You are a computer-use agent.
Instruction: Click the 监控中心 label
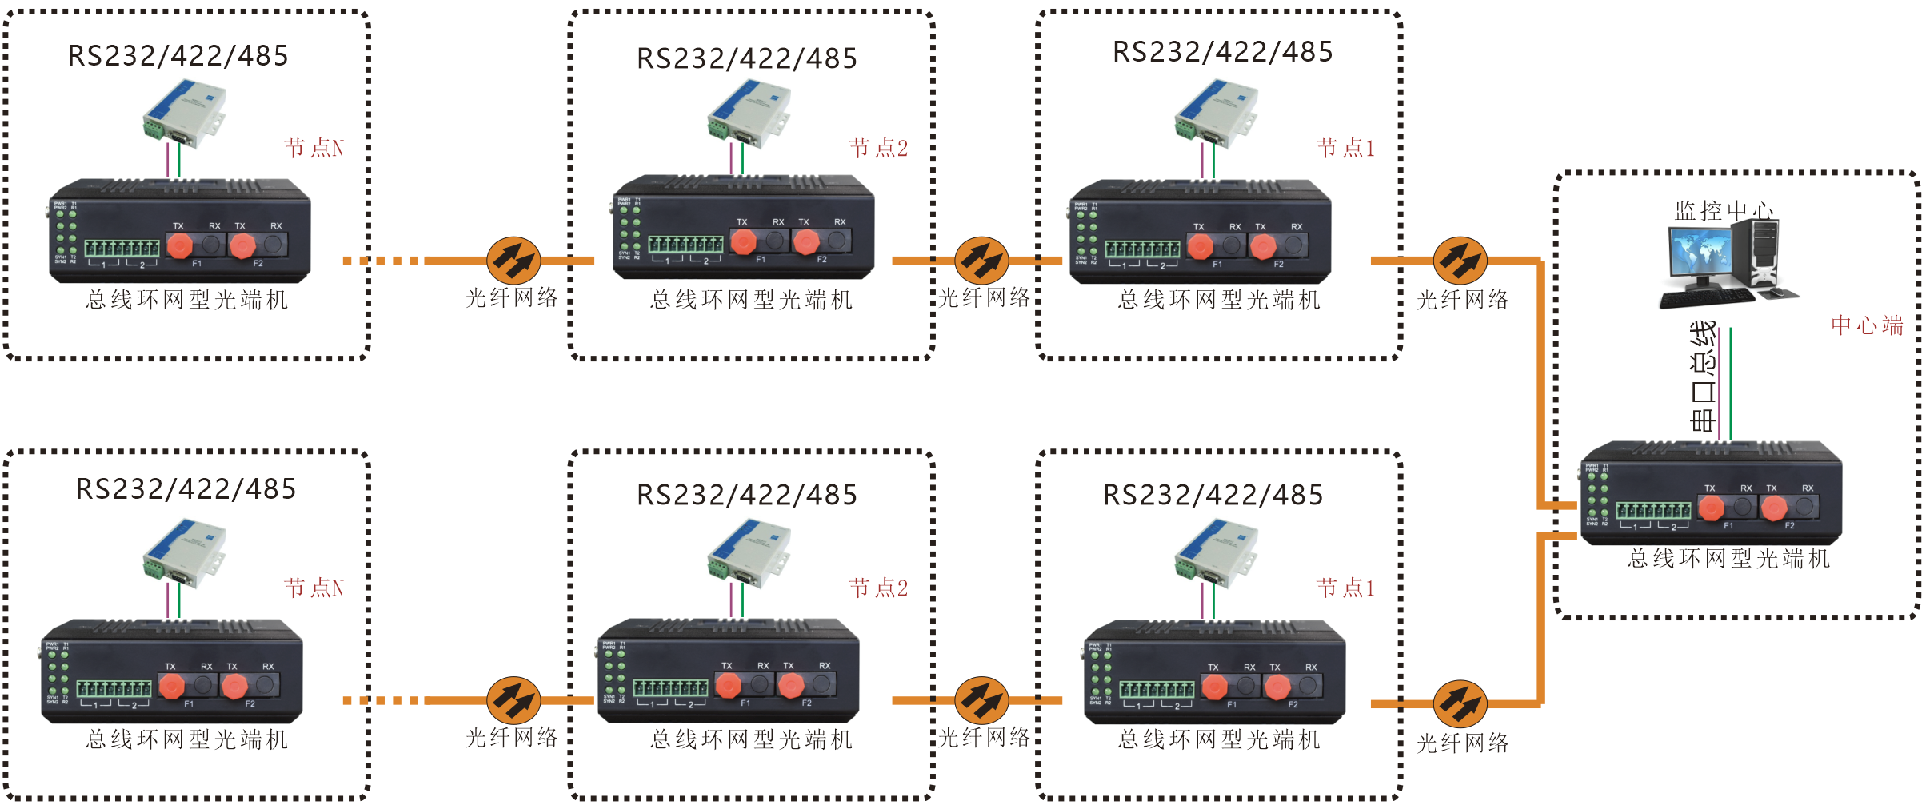pyautogui.click(x=1724, y=211)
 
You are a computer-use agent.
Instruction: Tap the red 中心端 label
pyautogui.click(x=1867, y=325)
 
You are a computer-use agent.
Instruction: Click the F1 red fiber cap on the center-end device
pyautogui.click(x=1711, y=508)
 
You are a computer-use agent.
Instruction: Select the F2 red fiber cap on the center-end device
pyautogui.click(x=1773, y=508)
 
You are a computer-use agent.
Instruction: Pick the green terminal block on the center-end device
pyautogui.click(x=1653, y=511)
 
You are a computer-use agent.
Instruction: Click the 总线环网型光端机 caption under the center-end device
pyautogui.click(x=1728, y=558)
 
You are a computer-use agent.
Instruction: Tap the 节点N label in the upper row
pyautogui.click(x=314, y=148)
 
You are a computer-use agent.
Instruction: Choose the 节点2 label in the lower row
pyautogui.click(x=878, y=588)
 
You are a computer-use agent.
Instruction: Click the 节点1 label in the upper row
pyautogui.click(x=1345, y=148)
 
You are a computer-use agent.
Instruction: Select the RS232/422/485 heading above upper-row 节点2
pyautogui.click(x=746, y=58)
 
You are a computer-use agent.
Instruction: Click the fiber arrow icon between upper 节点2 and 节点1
pyautogui.click(x=981, y=260)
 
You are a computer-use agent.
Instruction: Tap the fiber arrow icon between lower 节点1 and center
pyautogui.click(x=1460, y=703)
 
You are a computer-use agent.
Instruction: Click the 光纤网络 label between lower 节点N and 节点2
pyautogui.click(x=512, y=737)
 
